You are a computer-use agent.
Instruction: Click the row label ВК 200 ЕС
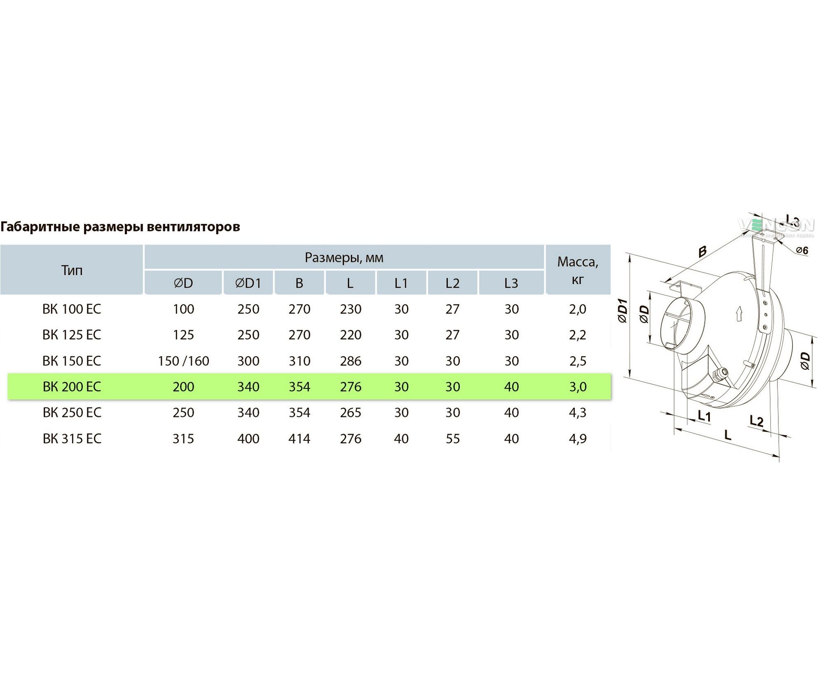[72, 387]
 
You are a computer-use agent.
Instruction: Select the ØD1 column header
[248, 283]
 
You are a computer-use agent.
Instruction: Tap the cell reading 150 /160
[183, 361]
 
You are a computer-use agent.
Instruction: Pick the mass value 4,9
[578, 439]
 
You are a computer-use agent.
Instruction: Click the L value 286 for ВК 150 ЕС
[351, 361]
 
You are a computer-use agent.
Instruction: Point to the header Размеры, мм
[344, 258]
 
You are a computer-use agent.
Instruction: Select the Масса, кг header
[578, 270]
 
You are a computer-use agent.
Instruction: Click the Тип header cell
[72, 270]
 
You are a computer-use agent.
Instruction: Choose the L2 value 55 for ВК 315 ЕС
[452, 439]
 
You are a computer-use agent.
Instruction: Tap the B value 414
[300, 439]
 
